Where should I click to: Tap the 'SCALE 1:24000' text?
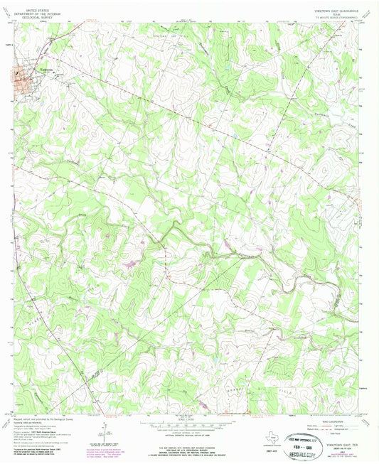(189, 419)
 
